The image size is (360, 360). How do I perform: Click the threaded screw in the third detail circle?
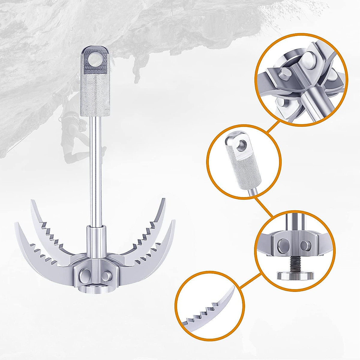pyautogui.click(x=291, y=264)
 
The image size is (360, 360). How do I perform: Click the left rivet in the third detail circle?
pyautogui.click(x=282, y=244)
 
